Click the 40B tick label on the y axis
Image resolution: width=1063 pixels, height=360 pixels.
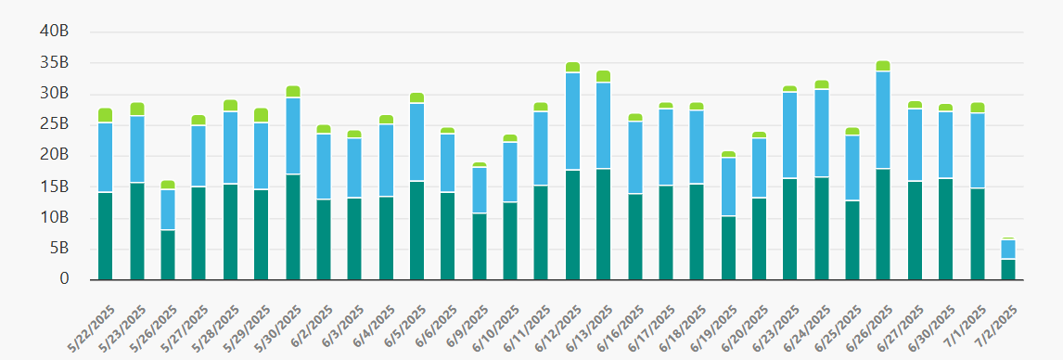click(x=55, y=32)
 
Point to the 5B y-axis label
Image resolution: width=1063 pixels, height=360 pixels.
click(x=58, y=249)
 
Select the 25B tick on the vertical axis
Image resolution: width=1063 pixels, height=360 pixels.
click(x=55, y=124)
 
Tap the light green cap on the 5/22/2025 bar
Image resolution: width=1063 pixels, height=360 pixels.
click(x=105, y=115)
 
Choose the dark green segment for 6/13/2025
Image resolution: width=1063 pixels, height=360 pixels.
click(x=604, y=224)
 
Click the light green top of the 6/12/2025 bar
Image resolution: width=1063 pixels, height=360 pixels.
click(x=572, y=67)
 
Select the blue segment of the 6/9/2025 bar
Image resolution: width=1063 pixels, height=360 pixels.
click(x=479, y=190)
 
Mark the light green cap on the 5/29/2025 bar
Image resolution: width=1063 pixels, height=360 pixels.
click(x=261, y=115)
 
